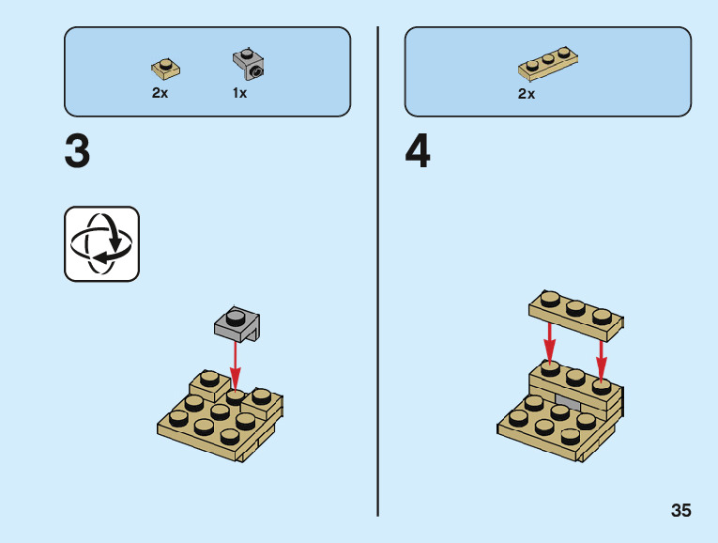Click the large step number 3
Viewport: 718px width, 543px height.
pos(78,151)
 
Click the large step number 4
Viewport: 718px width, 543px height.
pos(418,151)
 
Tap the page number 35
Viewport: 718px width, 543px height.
pos(680,511)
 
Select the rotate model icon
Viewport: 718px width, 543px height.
pos(101,244)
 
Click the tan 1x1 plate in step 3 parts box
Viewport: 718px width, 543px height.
pos(165,68)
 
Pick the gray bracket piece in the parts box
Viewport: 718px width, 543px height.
pos(249,64)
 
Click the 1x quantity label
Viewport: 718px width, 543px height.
pos(239,93)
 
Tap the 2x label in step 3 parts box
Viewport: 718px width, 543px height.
pos(160,93)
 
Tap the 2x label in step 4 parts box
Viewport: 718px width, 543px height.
pos(526,94)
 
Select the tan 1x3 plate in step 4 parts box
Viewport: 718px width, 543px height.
pos(547,64)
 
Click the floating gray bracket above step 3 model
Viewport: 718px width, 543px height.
pos(237,323)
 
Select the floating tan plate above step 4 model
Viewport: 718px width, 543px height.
pos(575,314)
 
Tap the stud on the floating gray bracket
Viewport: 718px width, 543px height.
pos(234,316)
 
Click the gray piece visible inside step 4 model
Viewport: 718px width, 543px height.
pos(568,401)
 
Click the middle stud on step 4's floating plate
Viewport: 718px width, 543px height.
pos(575,306)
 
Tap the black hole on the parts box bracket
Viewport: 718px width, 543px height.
pos(255,70)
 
